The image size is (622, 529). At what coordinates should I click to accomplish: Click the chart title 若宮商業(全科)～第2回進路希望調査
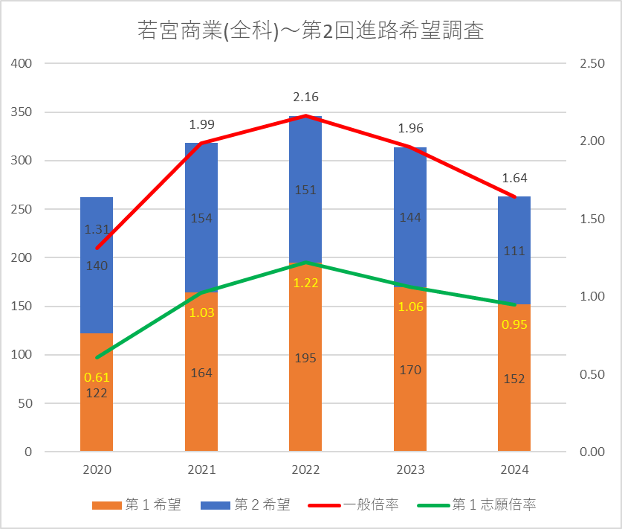(311, 31)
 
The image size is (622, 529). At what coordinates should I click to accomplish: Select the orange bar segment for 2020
(97, 417)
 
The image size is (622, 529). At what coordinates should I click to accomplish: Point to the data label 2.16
(305, 97)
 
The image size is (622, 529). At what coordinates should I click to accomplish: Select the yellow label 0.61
(97, 378)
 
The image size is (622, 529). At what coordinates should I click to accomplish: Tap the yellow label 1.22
(305, 283)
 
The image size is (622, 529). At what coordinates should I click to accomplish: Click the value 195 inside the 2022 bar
(305, 359)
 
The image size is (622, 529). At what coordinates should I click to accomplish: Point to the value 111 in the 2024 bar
(514, 251)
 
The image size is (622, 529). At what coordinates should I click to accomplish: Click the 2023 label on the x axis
(410, 470)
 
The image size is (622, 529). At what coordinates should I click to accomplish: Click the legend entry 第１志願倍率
(482, 505)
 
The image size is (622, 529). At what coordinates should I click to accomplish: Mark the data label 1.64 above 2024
(514, 179)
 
